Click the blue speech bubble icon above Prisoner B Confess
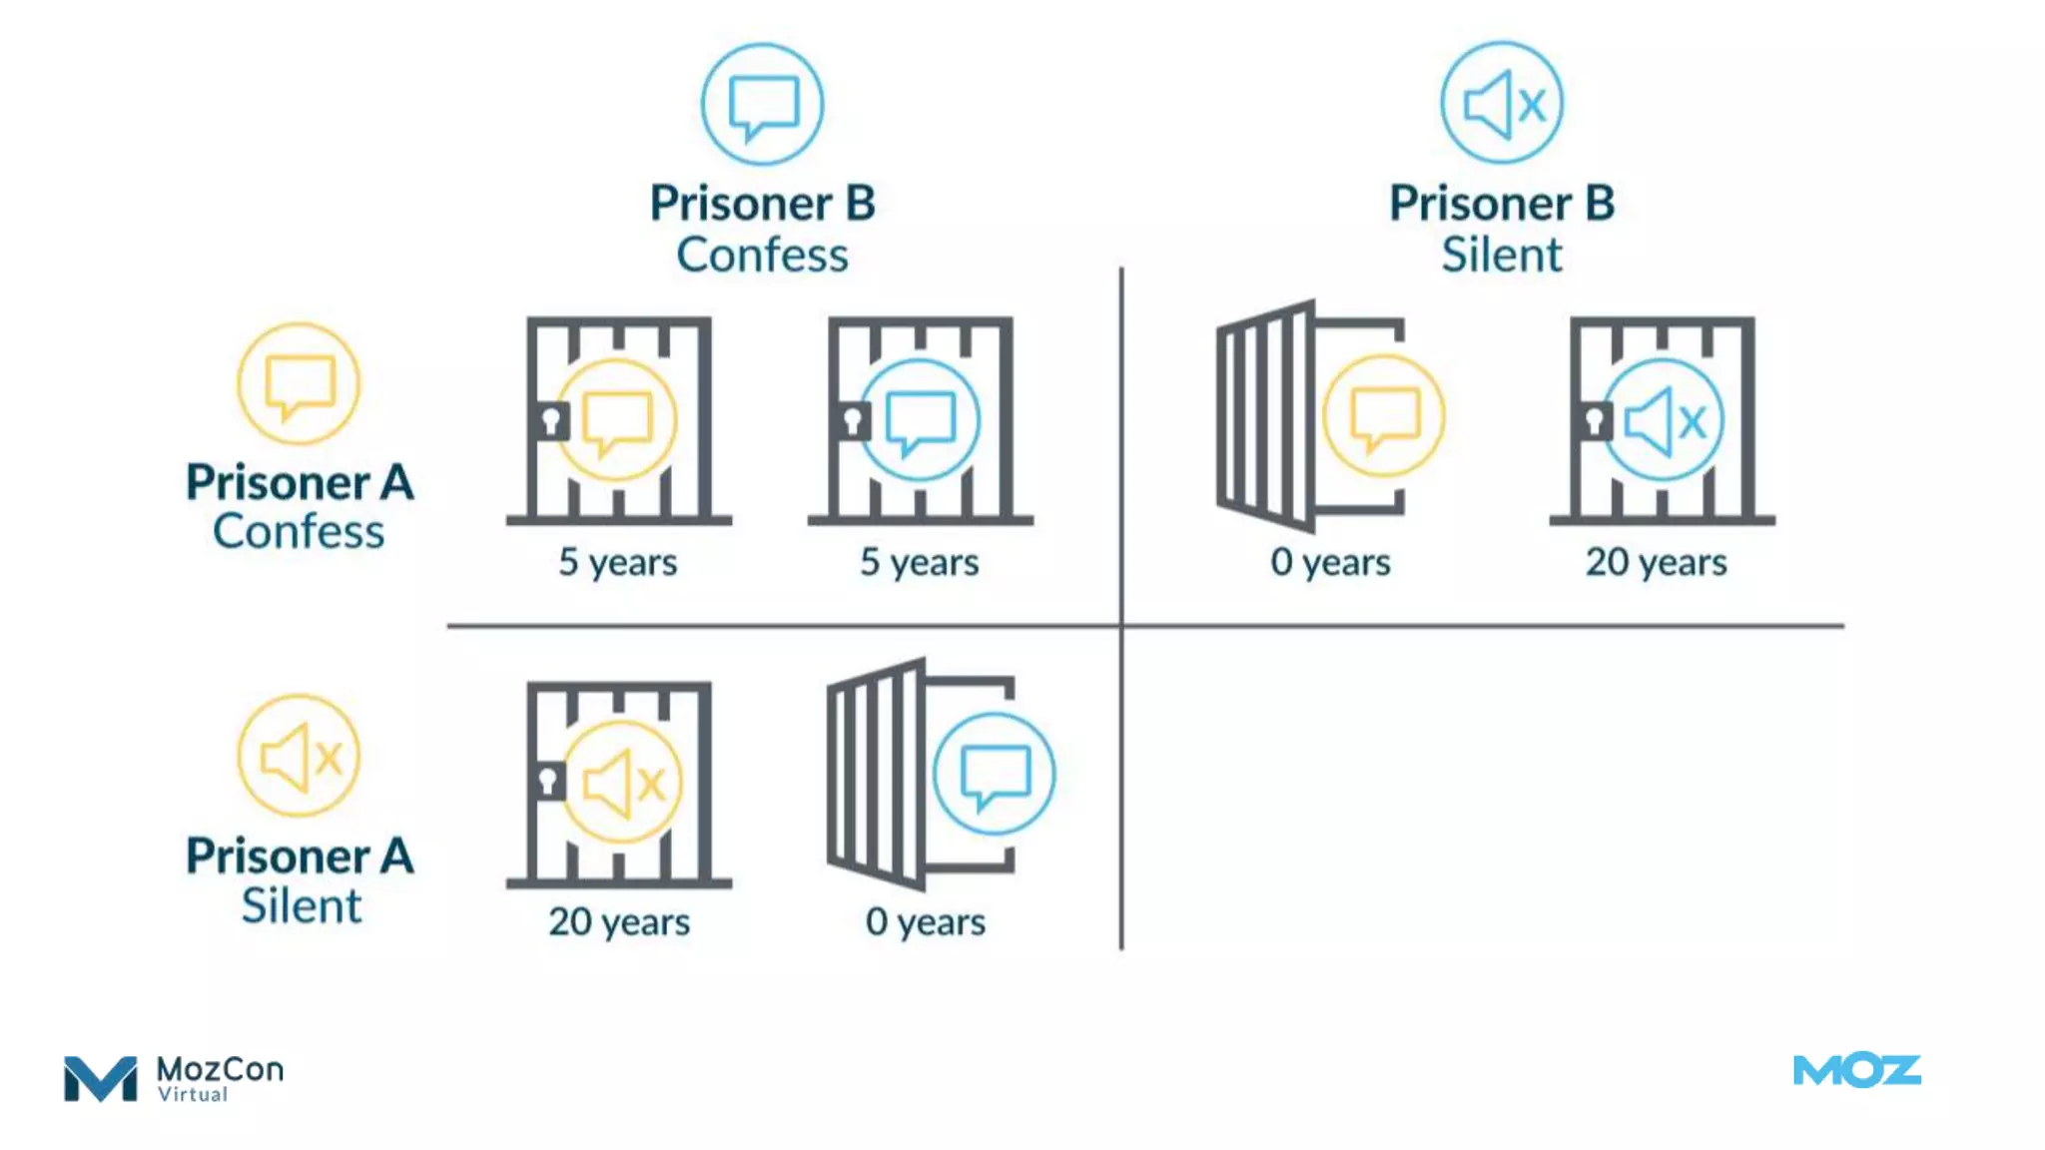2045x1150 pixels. [x=762, y=104]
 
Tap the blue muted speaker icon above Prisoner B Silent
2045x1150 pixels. [x=1502, y=103]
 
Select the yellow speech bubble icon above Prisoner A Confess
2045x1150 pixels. [x=299, y=384]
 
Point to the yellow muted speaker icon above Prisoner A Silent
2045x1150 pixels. [x=299, y=757]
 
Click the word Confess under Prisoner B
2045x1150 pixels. [x=762, y=255]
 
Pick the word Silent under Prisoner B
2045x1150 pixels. [x=1502, y=255]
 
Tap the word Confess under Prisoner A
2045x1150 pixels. [x=299, y=531]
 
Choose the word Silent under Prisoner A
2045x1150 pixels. [x=301, y=905]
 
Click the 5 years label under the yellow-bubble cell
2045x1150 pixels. [x=618, y=562]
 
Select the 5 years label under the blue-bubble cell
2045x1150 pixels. [x=920, y=562]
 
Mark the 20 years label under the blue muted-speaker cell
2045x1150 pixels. [x=1657, y=562]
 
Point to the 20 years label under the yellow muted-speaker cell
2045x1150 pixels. [x=619, y=921]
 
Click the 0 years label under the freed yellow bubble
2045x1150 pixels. [x=1330, y=562]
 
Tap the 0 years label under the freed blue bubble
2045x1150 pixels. [x=926, y=921]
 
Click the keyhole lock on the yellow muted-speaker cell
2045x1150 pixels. [x=547, y=781]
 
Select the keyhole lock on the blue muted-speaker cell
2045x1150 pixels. [x=1595, y=420]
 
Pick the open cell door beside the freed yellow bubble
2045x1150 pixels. [x=1266, y=415]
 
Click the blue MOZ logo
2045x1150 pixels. [x=1857, y=1071]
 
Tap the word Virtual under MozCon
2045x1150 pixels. [x=193, y=1095]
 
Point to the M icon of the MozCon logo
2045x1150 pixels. [x=100, y=1078]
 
